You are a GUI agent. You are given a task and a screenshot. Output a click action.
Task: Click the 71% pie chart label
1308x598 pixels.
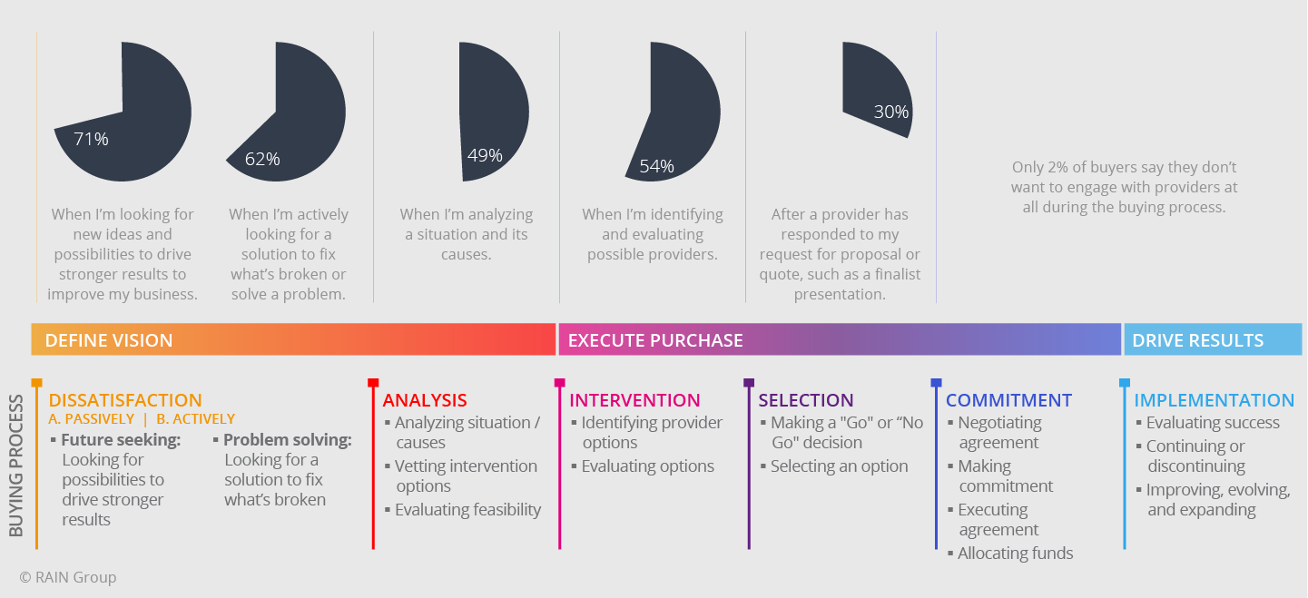point(91,139)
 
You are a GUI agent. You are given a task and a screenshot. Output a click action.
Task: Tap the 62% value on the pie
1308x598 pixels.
point(262,159)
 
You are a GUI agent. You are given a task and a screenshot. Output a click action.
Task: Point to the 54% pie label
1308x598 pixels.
point(656,166)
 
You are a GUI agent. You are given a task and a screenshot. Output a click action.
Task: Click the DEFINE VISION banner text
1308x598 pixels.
point(109,340)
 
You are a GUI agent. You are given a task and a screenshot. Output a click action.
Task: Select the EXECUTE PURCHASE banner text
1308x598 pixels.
point(655,340)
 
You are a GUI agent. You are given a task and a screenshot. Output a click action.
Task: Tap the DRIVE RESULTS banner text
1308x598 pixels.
point(1197,340)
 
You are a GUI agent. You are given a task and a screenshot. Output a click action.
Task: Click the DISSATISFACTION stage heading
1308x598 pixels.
point(125,400)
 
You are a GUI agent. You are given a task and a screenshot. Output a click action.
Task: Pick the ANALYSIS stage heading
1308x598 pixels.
point(425,400)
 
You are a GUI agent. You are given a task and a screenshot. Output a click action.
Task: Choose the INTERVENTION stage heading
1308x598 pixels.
point(634,400)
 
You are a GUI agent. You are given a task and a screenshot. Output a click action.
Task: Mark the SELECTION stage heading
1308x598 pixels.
point(806,400)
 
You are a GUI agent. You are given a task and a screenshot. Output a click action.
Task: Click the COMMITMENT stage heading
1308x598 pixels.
point(1008,400)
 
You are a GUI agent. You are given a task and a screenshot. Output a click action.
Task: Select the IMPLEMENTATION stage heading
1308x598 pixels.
point(1214,400)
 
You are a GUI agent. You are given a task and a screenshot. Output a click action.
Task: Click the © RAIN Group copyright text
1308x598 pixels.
point(68,577)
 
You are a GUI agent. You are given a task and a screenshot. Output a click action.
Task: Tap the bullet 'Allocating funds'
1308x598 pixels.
point(1015,553)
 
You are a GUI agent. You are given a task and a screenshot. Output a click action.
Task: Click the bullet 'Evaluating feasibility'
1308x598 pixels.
point(467,510)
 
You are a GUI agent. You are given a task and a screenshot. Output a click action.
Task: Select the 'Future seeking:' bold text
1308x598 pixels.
point(121,440)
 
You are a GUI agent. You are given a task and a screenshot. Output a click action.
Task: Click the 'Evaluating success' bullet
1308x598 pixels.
point(1213,423)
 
